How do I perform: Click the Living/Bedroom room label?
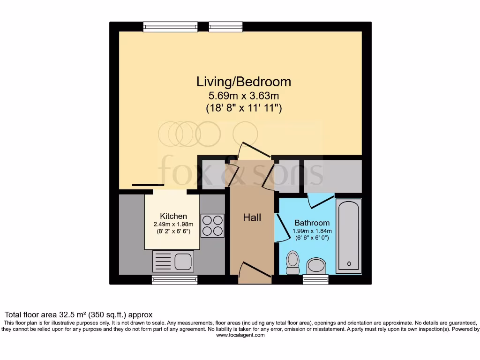243,82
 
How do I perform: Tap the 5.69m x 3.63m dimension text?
243,97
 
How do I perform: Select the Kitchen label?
173,216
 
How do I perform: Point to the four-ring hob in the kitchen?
212,225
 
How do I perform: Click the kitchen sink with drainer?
172,261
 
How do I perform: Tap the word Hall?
252,217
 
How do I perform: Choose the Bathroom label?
312,223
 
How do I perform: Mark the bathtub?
349,236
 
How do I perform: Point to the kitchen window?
174,280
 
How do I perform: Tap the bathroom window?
315,280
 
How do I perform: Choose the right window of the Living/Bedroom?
225,27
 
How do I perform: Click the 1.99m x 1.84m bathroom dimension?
312,231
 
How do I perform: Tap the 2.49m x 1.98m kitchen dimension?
173,224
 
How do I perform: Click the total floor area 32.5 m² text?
79,315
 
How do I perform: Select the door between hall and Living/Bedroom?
253,150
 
